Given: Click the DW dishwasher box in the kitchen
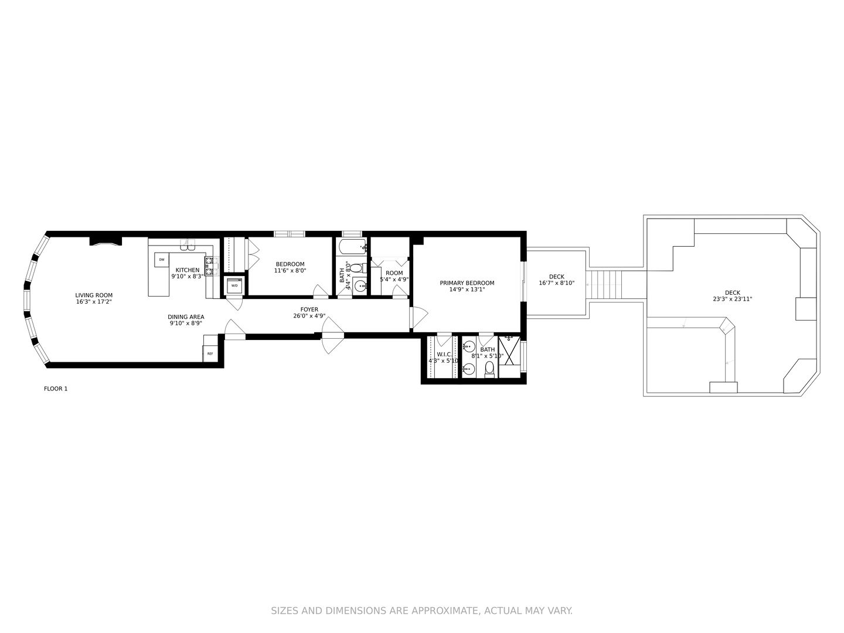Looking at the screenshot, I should click(x=161, y=259).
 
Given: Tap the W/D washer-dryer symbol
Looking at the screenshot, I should click(x=234, y=285).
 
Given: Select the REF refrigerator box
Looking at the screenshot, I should click(x=210, y=354).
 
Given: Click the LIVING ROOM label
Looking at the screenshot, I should click(x=94, y=295).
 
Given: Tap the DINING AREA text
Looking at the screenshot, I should click(x=186, y=317).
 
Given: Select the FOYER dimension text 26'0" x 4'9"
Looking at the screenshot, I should click(x=309, y=316).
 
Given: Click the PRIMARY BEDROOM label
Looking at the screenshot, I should click(x=467, y=283).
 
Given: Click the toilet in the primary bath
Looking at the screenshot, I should click(x=489, y=369).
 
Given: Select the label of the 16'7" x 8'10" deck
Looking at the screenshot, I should click(x=556, y=277).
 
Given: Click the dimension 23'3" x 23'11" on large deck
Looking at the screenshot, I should click(x=732, y=299).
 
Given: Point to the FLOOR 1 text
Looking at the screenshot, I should click(x=56, y=389).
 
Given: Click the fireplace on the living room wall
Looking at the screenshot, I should click(x=105, y=241).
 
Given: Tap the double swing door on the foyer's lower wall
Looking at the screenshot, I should click(x=332, y=335).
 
